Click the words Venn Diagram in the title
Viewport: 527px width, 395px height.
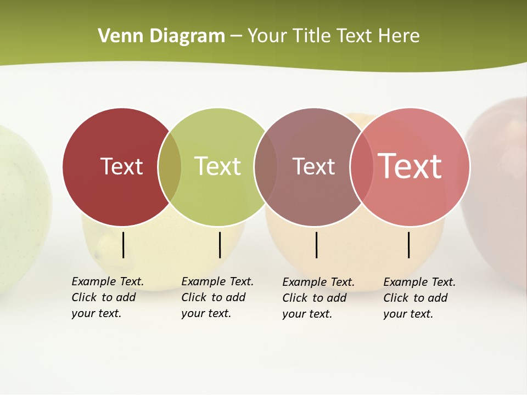click(161, 36)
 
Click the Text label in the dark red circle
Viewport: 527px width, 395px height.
click(121, 166)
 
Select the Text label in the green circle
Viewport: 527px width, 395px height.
click(218, 166)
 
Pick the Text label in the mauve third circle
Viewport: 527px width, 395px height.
click(313, 166)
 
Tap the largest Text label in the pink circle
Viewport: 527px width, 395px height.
click(410, 166)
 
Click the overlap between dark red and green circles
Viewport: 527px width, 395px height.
click(170, 167)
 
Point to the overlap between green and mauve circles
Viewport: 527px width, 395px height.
click(266, 167)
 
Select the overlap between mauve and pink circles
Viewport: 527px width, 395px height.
click(362, 167)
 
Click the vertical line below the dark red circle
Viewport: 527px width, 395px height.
click(123, 245)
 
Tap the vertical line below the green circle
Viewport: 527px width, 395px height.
click(220, 245)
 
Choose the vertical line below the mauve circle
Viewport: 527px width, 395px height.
click(316, 245)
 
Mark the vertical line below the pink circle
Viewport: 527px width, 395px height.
click(409, 245)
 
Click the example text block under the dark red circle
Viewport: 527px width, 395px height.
click(108, 297)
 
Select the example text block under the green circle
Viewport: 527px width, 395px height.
click(217, 297)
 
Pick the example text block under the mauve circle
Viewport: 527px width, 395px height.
click(318, 298)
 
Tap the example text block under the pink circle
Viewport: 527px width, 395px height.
click(419, 298)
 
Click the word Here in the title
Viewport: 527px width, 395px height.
click(399, 36)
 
